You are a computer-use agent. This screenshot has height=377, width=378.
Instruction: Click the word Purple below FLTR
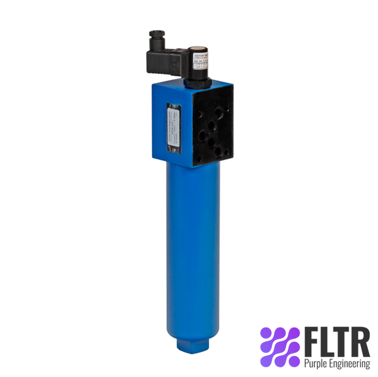point(316,363)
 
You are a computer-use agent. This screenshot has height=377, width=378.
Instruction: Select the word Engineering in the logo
point(350,364)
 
